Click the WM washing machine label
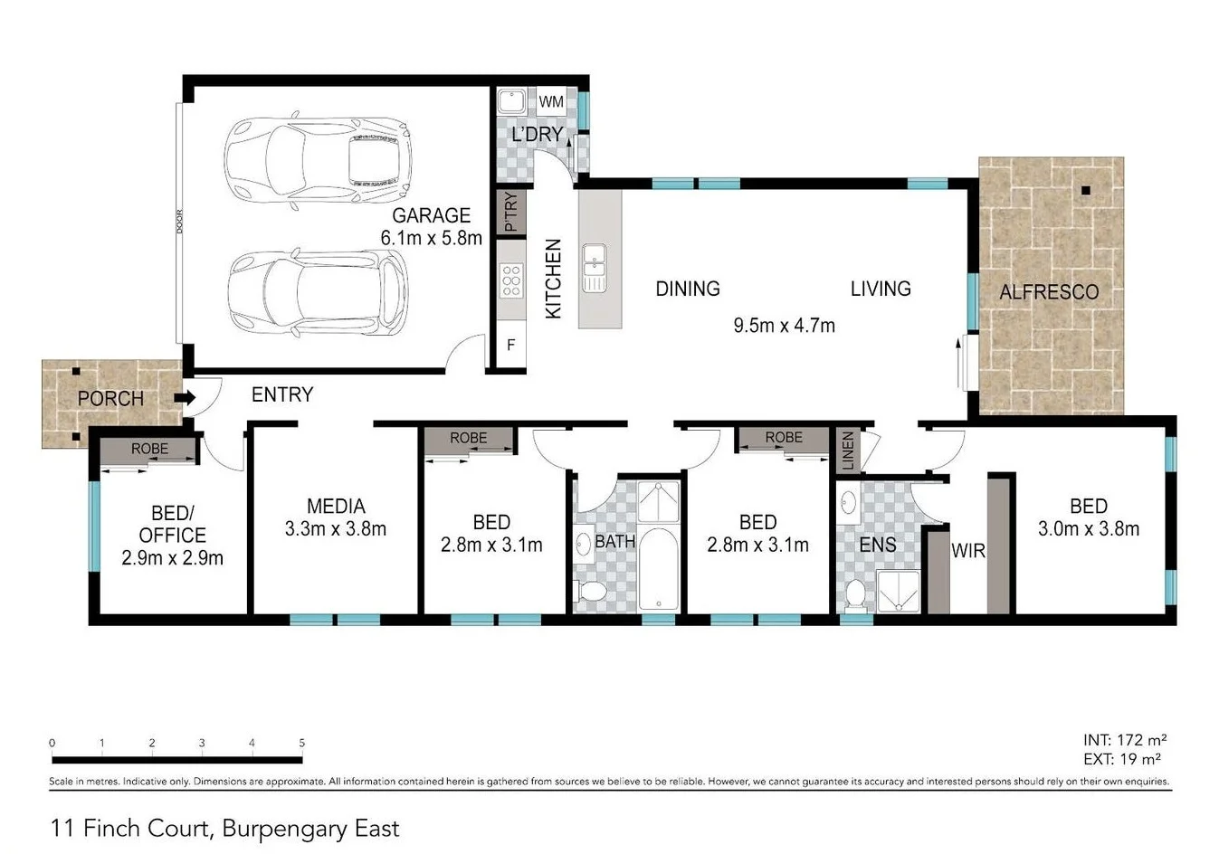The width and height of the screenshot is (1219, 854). pos(551,102)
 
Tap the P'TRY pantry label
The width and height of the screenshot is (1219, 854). pos(510,212)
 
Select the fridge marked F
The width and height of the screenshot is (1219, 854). pos(511,345)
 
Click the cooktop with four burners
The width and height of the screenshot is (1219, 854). pos(511,280)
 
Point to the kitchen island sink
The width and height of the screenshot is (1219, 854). pos(595,268)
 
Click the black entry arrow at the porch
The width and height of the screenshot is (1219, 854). pos(185,397)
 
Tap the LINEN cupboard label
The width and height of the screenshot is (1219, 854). pos(848,450)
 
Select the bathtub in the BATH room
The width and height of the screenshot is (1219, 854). pos(658,570)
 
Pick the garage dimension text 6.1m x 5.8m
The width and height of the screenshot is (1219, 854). pos(431,238)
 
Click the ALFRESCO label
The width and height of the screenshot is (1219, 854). pos(1049,292)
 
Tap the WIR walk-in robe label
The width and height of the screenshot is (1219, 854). pos(967,550)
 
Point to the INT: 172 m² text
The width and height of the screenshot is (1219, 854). pos(1124,740)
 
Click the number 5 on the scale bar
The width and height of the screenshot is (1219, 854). pos(301,743)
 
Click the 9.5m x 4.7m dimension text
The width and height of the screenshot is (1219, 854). pos(784,326)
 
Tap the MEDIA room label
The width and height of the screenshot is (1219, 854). pos(336,507)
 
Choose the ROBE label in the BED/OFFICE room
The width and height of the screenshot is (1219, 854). pos(149,449)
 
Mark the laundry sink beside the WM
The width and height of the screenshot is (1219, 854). pos(512,100)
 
